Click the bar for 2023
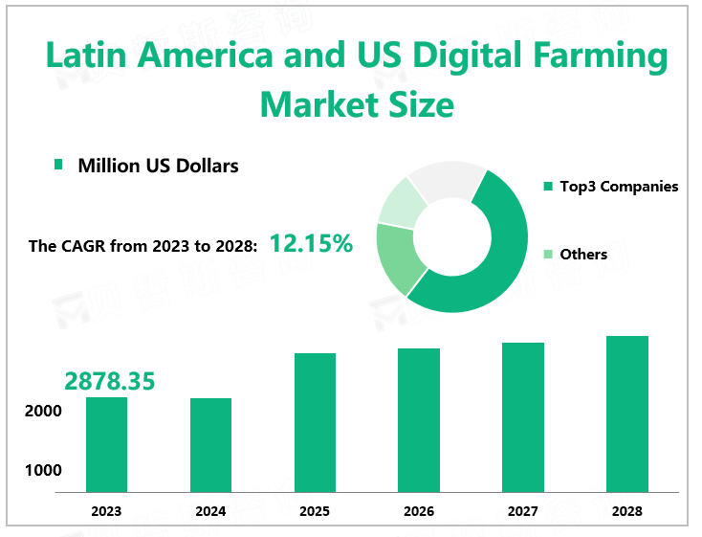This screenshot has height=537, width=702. pyautogui.click(x=106, y=444)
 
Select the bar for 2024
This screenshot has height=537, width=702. pyautogui.click(x=210, y=445)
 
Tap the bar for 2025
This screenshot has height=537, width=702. pyautogui.click(x=315, y=422)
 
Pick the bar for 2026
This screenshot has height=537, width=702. pyautogui.click(x=419, y=420)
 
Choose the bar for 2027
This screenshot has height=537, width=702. pyautogui.click(x=523, y=417)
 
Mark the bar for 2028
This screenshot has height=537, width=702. pyautogui.click(x=627, y=414)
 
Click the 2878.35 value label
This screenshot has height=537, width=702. pyautogui.click(x=109, y=381)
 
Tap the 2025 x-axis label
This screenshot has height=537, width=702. pyautogui.click(x=315, y=511)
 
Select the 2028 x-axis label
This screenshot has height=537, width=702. pyautogui.click(x=627, y=511)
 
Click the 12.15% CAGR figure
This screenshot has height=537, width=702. pyautogui.click(x=311, y=244)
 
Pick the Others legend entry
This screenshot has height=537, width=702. pyautogui.click(x=583, y=254)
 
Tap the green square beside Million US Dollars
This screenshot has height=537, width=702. pyautogui.click(x=58, y=165)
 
